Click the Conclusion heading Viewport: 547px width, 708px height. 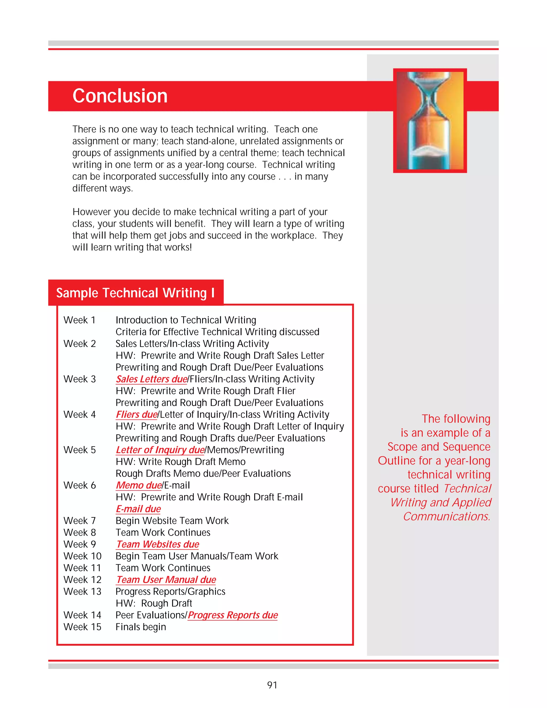pyautogui.click(x=120, y=96)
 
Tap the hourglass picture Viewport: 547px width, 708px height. pyautogui.click(x=430, y=120)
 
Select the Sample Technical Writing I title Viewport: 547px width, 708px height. pyautogui.click(x=135, y=293)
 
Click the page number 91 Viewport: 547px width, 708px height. pyautogui.click(x=272, y=685)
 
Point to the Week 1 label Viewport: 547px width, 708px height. pyautogui.click(x=79, y=320)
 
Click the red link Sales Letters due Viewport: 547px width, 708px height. pyautogui.click(x=152, y=379)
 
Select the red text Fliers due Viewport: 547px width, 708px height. pyautogui.click(x=137, y=414)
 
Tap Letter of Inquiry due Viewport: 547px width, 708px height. pyautogui.click(x=160, y=450)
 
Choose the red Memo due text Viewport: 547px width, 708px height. pyautogui.click(x=139, y=485)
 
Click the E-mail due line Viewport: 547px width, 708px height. pyautogui.click(x=138, y=509)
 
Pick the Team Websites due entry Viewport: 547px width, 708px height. pyautogui.click(x=158, y=544)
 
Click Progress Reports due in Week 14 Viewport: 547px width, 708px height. pyautogui.click(x=233, y=615)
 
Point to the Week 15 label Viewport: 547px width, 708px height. pyautogui.click(x=82, y=627)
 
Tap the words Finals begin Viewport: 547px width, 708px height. pyautogui.click(x=141, y=627)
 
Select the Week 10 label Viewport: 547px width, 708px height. pyautogui.click(x=82, y=556)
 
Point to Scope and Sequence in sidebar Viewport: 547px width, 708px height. pyautogui.click(x=439, y=447)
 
